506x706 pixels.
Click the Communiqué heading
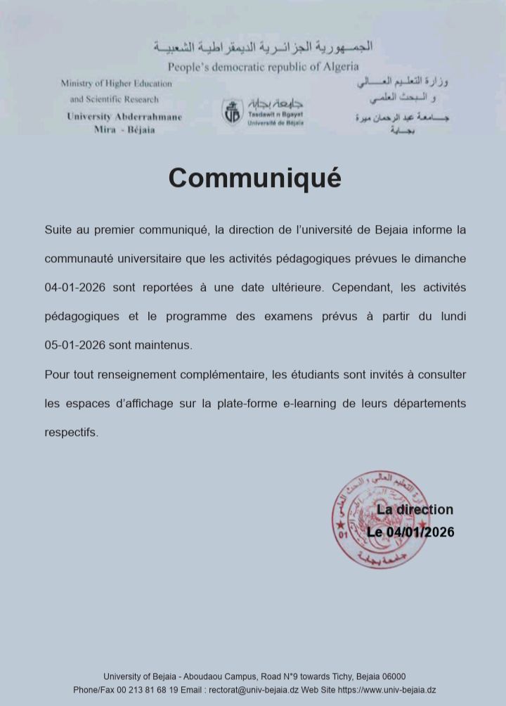click(254, 178)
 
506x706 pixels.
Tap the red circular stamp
click(381, 521)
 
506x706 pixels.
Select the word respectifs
click(72, 432)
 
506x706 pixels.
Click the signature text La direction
click(415, 510)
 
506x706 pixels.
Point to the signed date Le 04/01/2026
click(410, 532)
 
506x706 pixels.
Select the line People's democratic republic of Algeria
click(263, 67)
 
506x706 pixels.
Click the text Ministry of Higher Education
click(116, 83)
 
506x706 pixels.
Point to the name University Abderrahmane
click(124, 117)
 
